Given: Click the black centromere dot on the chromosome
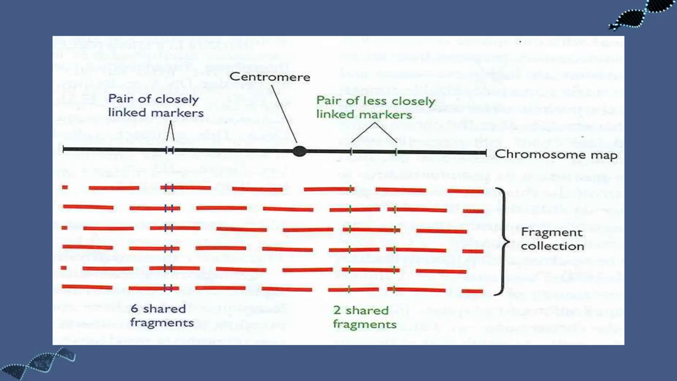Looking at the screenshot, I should coord(299,151).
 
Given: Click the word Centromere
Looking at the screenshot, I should coord(270,77).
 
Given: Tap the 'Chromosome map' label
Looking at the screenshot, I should coord(556,155).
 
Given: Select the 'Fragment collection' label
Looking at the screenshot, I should coord(552,239).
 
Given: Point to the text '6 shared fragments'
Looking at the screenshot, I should coord(162,316).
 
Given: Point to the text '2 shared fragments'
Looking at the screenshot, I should coord(364,317).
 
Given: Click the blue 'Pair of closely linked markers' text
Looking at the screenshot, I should coord(156,106).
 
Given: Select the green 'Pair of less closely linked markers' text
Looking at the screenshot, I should coord(376,107).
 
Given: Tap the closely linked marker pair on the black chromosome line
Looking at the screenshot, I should coord(170,150).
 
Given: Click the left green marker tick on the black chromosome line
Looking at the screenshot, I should coord(351,152).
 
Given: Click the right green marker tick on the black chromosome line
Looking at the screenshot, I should coord(396,152).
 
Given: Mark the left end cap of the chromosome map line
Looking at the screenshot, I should coord(63,149).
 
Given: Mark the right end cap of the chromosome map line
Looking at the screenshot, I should coord(486,152).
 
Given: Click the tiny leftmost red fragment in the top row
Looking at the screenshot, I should coord(65,188).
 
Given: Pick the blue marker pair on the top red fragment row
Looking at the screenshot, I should coord(169,188).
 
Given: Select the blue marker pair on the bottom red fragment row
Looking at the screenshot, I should coord(168,288).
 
